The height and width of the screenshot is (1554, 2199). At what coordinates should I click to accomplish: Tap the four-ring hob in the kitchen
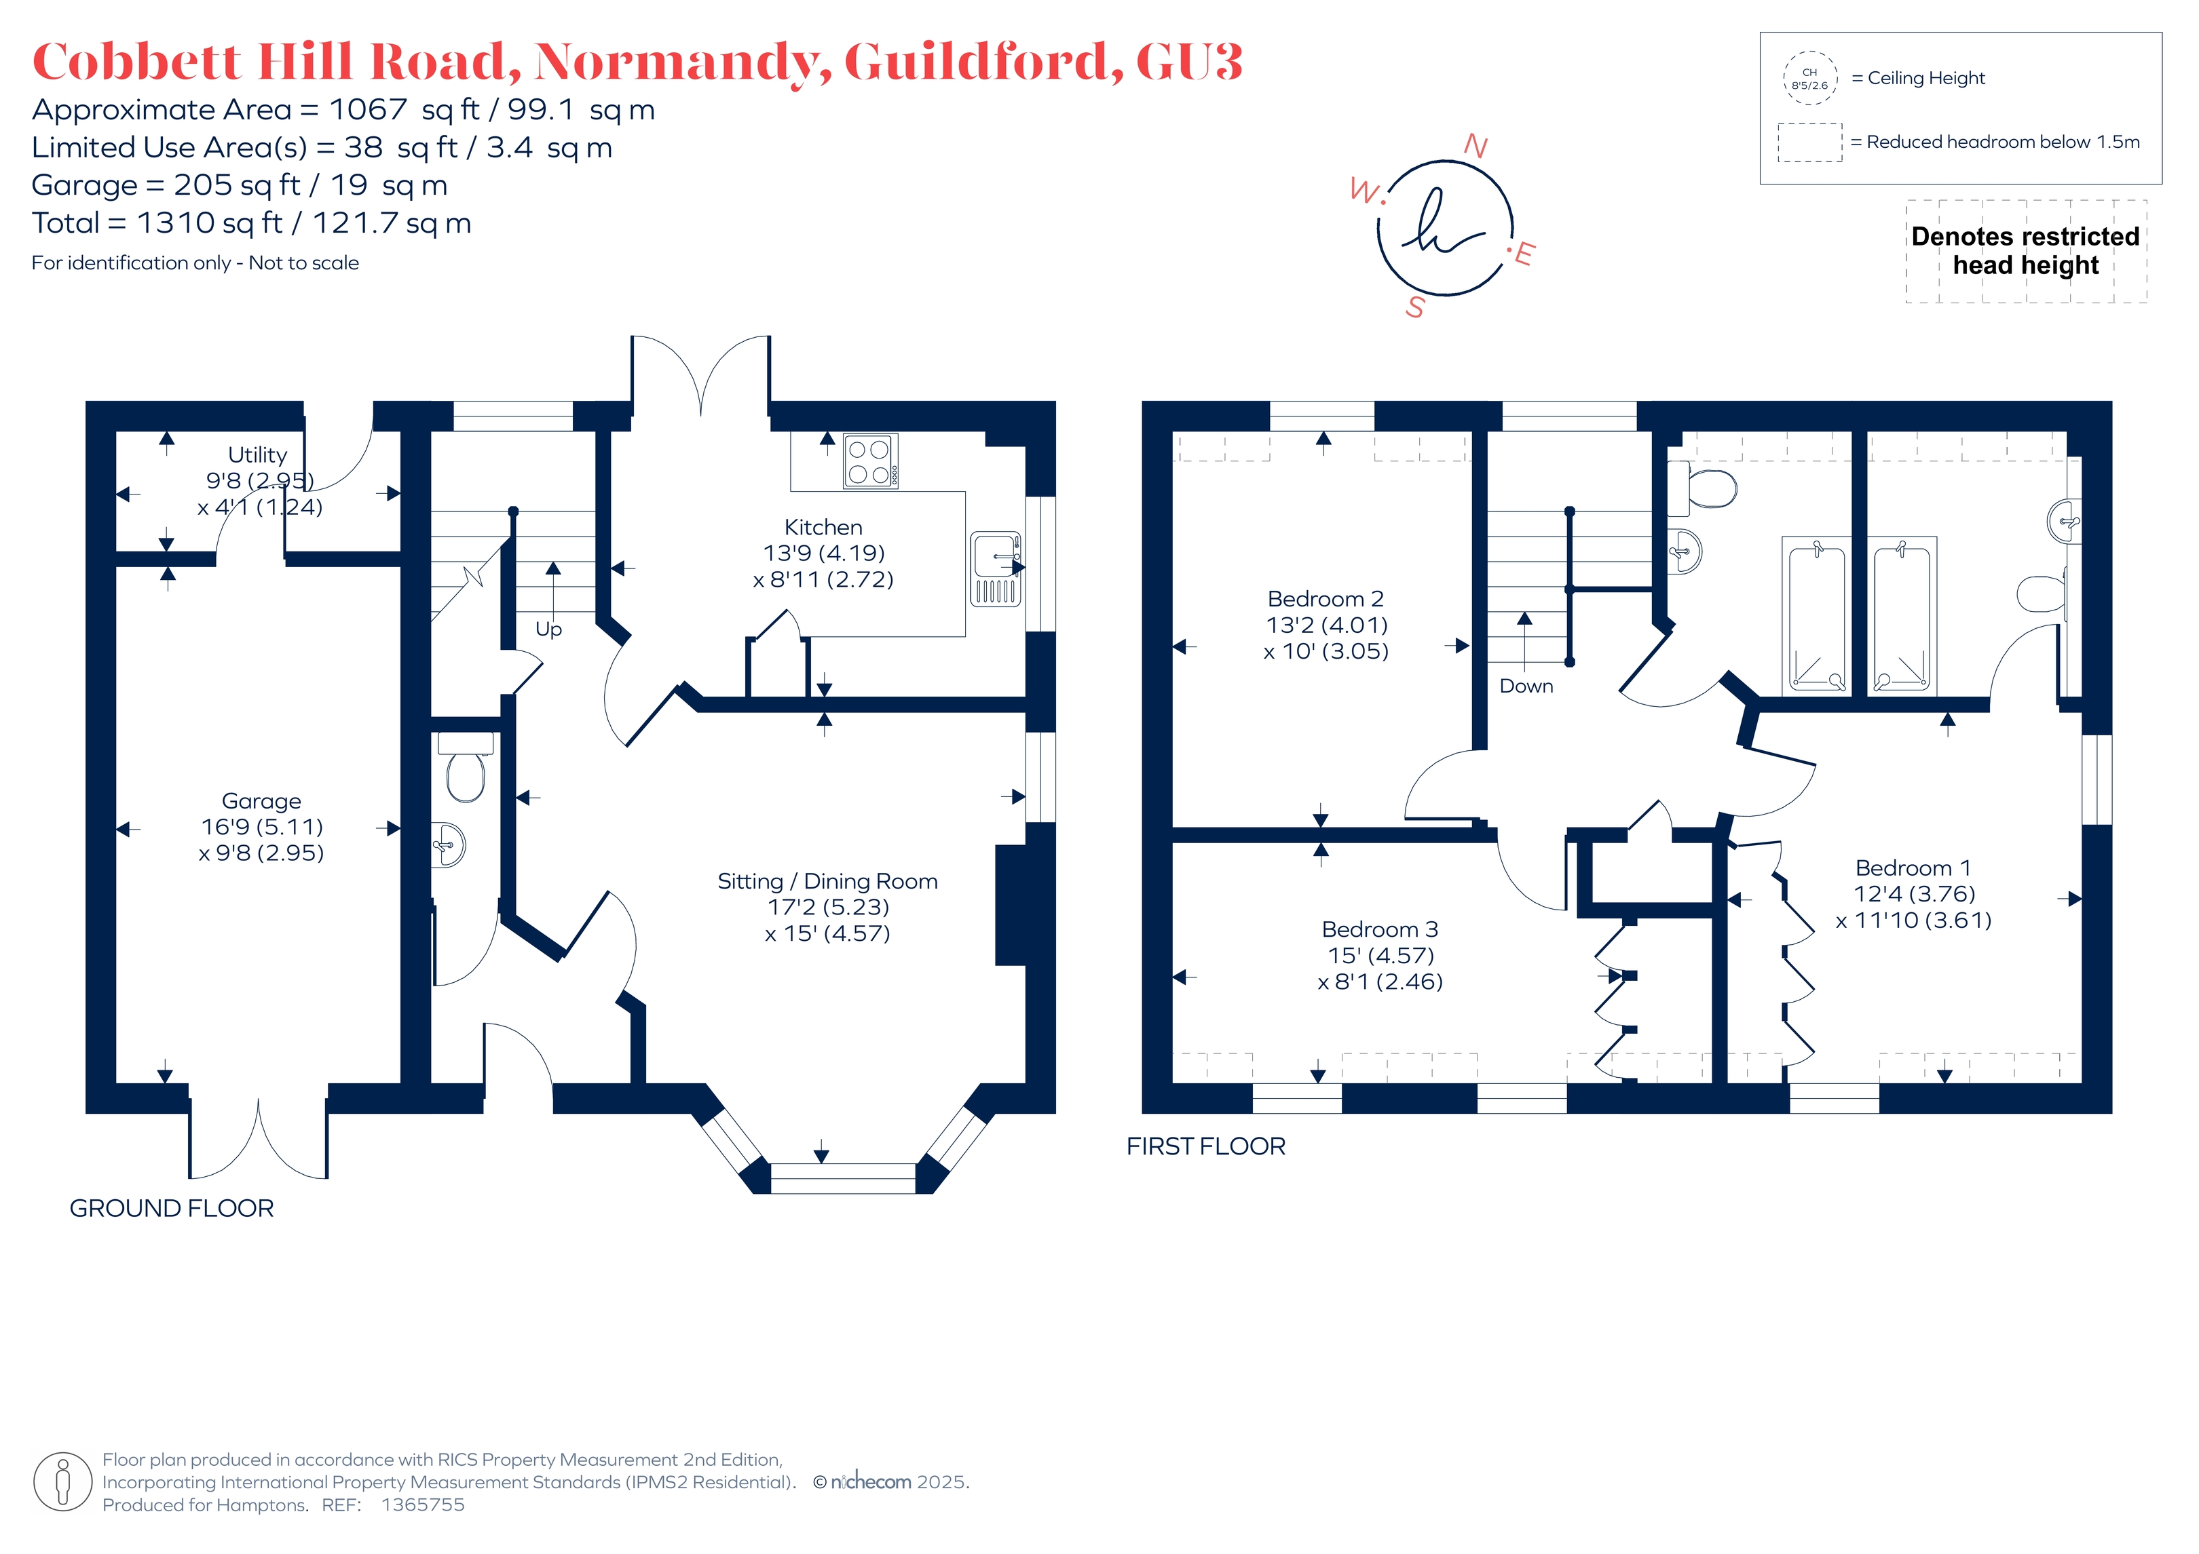[x=871, y=461]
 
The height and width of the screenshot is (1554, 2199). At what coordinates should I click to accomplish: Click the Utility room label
[x=258, y=455]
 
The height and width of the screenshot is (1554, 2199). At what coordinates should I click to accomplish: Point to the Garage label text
[x=261, y=800]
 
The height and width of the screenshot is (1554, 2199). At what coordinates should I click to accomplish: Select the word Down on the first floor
[x=1526, y=686]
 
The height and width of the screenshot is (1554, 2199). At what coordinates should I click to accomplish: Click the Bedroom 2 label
[x=1326, y=600]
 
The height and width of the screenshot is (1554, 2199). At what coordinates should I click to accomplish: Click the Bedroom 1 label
[x=1913, y=868]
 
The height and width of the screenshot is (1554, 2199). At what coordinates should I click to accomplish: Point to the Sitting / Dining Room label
[x=827, y=882]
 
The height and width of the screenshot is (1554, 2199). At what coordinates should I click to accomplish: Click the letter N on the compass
[x=1476, y=146]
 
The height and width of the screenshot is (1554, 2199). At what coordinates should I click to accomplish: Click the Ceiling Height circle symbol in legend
[x=1810, y=79]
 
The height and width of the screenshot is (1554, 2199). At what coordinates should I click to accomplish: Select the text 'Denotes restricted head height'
[x=2026, y=251]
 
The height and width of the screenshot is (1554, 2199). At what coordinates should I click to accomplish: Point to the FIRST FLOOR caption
[x=1206, y=1146]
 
